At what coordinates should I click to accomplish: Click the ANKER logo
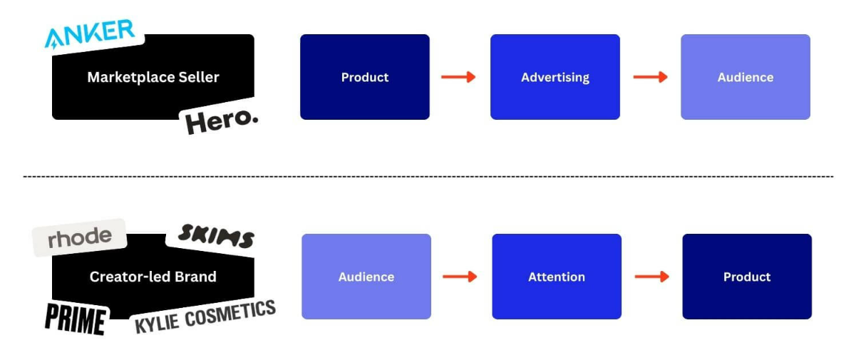coord(90,34)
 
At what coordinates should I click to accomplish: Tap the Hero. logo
coord(221,121)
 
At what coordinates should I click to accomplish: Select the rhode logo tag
coord(80,237)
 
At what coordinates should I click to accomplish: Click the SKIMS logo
coord(216,236)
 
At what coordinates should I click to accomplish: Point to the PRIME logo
coord(76,319)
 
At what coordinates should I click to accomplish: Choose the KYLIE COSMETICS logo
coord(205,317)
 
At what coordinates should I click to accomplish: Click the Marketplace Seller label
coord(153,77)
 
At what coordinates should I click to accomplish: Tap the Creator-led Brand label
coord(153,277)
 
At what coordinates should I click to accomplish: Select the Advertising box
coord(555,77)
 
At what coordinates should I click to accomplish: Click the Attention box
coord(557,277)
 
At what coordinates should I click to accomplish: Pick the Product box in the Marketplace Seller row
coord(364,77)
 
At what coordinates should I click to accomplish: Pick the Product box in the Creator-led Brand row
coord(747,277)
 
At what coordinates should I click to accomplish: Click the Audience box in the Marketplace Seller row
coord(746,77)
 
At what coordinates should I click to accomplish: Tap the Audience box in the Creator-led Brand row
coord(366,277)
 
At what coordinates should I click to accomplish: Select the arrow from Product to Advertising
coord(458,77)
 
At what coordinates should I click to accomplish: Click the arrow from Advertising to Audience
coord(651,77)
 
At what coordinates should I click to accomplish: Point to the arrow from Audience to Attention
coord(460,277)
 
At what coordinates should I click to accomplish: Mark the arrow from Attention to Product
coord(652,277)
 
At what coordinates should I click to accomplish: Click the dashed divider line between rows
coord(428,177)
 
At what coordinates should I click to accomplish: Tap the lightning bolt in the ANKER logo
coord(54,45)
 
